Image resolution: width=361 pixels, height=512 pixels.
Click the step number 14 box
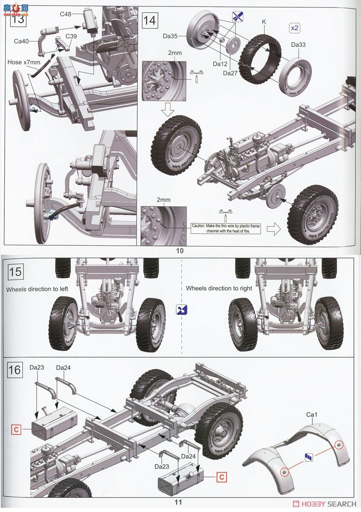coord(150,20)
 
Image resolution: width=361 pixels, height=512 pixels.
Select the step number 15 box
coord(15,272)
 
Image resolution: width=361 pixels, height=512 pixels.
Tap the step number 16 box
coord(15,369)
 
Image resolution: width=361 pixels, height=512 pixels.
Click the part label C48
coord(65,14)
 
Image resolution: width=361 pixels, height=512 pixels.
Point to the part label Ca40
coord(21,41)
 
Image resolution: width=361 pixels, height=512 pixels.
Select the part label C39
coord(71,36)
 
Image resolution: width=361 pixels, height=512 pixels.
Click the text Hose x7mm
coord(24,62)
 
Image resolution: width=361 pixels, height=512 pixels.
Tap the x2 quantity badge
coord(294,28)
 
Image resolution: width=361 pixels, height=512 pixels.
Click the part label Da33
coord(298,44)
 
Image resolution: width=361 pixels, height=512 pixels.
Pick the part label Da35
coord(170,37)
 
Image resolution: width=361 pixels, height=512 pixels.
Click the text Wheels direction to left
coord(37,289)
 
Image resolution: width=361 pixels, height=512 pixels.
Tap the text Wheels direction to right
coord(219,288)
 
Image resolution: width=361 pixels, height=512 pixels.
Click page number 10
coord(180,251)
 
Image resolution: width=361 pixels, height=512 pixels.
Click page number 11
coord(178,502)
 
